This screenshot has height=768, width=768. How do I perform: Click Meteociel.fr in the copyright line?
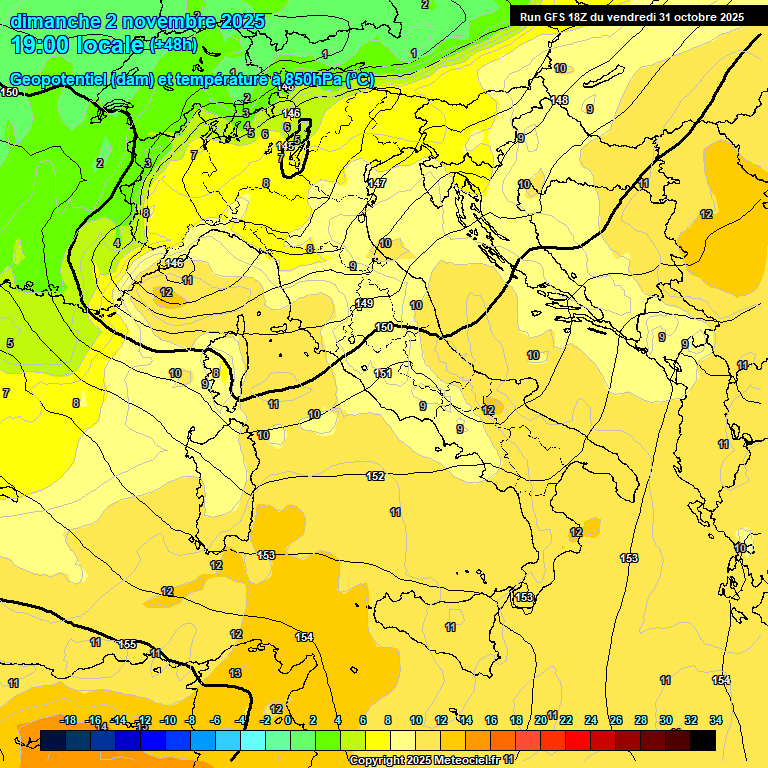[455, 761]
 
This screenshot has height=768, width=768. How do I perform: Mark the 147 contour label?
[377, 183]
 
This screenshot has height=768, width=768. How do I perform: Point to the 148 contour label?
[559, 100]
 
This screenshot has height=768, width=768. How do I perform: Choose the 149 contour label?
[364, 303]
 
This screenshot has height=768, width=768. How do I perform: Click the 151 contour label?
[383, 373]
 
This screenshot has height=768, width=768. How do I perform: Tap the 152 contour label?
[375, 476]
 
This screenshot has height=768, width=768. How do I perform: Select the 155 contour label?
[128, 644]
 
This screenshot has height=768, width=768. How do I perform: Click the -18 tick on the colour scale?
[69, 720]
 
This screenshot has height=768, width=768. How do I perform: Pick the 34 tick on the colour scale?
[716, 720]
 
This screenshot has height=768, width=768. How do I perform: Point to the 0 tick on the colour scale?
[288, 720]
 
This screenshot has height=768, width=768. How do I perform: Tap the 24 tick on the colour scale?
[591, 720]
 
